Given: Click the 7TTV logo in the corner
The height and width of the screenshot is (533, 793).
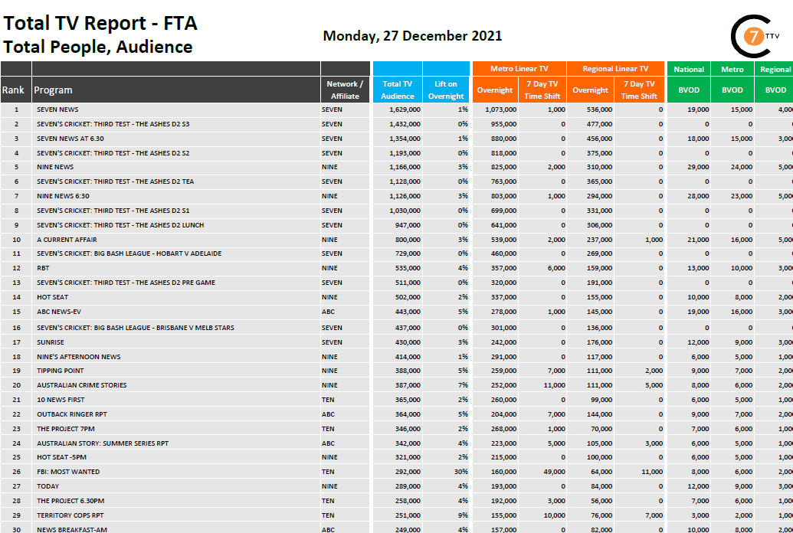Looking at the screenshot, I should pyautogui.click(x=753, y=36).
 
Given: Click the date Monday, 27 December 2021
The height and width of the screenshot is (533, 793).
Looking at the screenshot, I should pyautogui.click(x=412, y=36).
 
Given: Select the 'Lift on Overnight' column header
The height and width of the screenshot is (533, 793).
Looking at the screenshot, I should pyautogui.click(x=446, y=90).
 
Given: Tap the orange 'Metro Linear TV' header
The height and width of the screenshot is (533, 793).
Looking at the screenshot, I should pyautogui.click(x=519, y=69).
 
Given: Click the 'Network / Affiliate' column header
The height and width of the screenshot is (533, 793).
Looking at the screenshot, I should pyautogui.click(x=346, y=90).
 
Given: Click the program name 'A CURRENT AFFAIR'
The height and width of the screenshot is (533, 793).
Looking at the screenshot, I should pyautogui.click(x=67, y=240).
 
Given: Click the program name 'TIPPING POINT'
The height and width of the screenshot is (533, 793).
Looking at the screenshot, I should pyautogui.click(x=61, y=371).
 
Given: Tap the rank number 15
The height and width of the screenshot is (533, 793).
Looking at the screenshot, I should pyautogui.click(x=16, y=312).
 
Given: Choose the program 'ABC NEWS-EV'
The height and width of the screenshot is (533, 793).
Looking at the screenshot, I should pyautogui.click(x=59, y=312).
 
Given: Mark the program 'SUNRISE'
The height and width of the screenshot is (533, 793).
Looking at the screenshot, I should pyautogui.click(x=51, y=342).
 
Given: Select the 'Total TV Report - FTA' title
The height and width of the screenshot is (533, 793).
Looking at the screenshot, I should pyautogui.click(x=100, y=23).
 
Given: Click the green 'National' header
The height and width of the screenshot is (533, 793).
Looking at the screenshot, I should pyautogui.click(x=689, y=69).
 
